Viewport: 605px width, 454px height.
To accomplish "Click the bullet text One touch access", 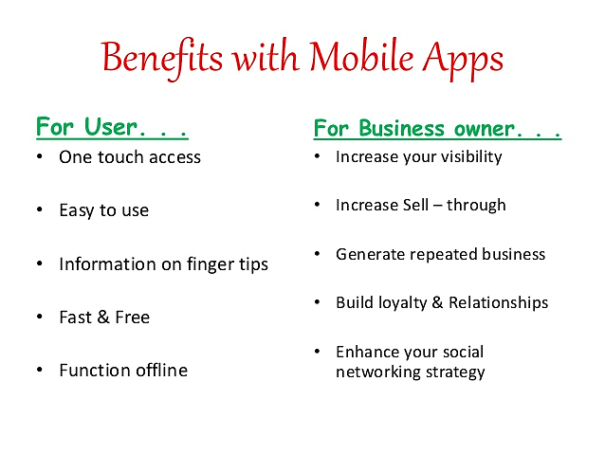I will tap(130, 157).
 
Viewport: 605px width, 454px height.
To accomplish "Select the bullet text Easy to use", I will tap(103, 210).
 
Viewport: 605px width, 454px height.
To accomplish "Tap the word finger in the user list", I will tap(200, 264).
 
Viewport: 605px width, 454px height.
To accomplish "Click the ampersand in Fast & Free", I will tap(103, 318).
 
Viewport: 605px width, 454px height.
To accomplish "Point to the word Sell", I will tap(409, 205).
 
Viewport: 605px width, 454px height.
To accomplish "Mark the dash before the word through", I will tap(440, 206).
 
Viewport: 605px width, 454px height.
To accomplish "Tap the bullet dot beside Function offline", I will tap(40, 370).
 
